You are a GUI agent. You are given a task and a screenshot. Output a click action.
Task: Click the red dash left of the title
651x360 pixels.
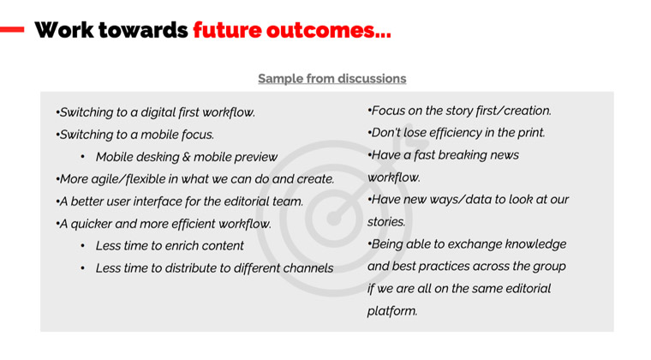[x=12, y=29]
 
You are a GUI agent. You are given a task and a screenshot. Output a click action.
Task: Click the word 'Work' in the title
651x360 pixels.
[x=64, y=30]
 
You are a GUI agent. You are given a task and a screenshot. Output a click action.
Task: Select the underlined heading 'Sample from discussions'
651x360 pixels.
[x=332, y=79]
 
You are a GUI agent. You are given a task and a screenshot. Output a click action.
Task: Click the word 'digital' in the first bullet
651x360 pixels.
[x=158, y=112]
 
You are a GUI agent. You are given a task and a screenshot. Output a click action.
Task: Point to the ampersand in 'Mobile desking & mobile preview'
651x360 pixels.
[x=186, y=157]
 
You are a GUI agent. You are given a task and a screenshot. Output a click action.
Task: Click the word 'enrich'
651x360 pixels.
[x=181, y=246]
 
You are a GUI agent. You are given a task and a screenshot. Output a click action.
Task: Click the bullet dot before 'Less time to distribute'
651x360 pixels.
[x=82, y=268]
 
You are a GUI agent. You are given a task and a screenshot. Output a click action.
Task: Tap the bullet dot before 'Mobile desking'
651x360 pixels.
[x=82, y=157]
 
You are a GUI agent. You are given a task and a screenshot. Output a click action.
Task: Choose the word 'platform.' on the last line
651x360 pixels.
[x=392, y=311]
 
